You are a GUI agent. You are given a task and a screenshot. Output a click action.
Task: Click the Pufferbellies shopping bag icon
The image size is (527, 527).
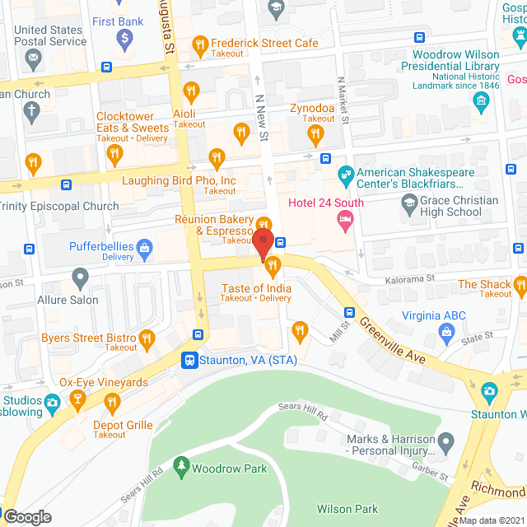145,246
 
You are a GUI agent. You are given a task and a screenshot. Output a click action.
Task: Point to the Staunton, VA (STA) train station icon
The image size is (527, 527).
190,360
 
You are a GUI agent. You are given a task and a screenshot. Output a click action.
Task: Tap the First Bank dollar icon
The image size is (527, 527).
124,37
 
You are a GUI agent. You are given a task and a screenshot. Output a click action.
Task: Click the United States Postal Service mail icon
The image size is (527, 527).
33,58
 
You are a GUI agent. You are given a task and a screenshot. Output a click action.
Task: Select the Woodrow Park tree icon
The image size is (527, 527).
180,469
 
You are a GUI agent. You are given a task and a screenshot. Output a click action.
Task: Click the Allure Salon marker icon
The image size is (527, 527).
80,277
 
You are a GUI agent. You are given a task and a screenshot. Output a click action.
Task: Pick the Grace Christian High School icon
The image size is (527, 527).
408,202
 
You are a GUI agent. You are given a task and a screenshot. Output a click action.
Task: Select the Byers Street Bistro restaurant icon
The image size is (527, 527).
147,337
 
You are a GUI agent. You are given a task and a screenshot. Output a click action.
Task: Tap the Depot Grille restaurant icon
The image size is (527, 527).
112,403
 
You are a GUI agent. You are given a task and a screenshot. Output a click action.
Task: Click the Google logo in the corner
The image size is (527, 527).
27,517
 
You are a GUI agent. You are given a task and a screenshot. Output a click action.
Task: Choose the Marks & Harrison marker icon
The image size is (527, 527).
446,445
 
